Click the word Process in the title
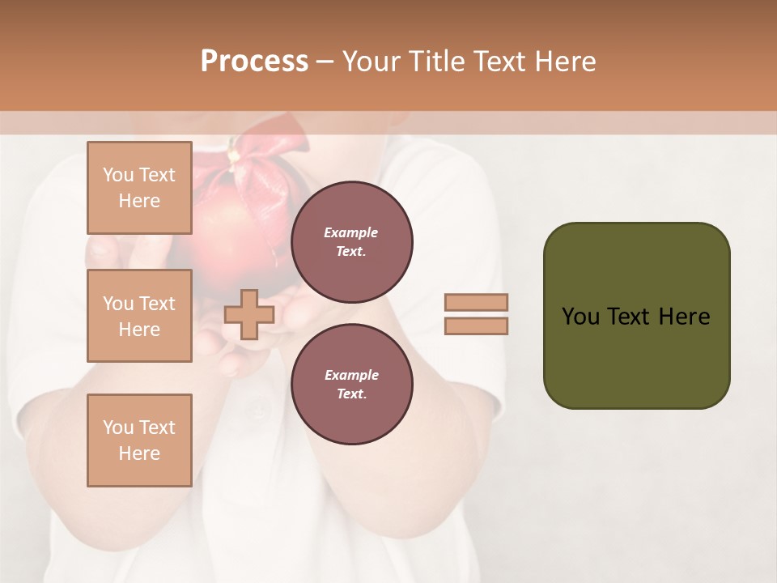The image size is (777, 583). pos(254,62)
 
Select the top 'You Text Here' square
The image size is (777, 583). pos(139,188)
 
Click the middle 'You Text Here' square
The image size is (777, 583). pos(139,316)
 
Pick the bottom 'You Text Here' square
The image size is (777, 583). pos(139,440)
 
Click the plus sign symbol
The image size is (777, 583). pos(248,314)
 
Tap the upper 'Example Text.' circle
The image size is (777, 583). pos(351,242)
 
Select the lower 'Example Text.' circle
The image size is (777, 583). pos(351,385)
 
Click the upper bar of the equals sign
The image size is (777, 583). pos(477,303)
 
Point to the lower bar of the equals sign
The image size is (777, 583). pos(477,326)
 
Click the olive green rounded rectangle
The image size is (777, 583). pos(636,356)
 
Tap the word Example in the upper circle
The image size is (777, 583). pos(351,233)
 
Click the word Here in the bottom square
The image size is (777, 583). pos(139,453)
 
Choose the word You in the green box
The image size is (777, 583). pos(580,317)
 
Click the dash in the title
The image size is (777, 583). pos(325,62)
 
